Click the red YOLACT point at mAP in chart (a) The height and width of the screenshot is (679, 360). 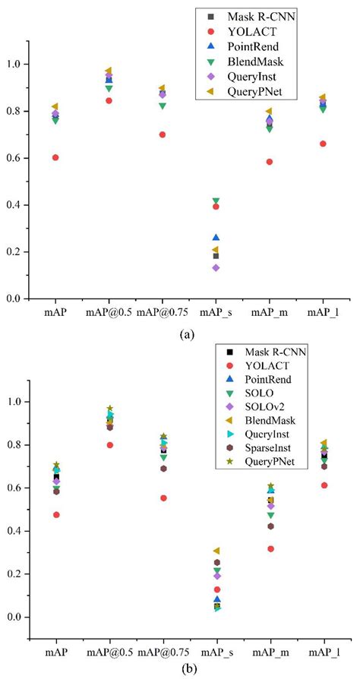point(55,157)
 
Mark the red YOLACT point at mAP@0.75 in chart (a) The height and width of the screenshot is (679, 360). point(163,134)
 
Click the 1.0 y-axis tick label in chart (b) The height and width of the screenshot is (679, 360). point(19,402)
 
